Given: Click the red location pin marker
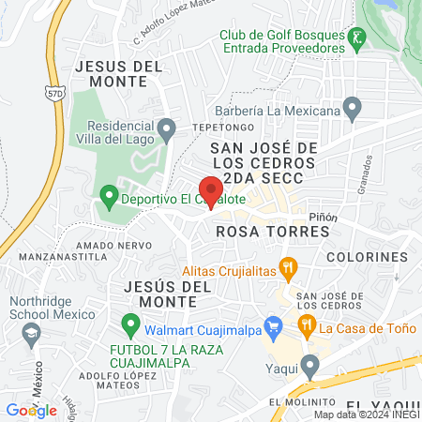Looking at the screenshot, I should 211,187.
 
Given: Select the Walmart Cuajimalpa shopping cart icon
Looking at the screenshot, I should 274,327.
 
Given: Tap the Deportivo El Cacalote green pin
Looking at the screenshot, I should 109,197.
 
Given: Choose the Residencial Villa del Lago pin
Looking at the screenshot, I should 167,127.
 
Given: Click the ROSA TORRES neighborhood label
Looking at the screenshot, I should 257,230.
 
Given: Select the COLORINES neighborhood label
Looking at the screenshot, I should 368,256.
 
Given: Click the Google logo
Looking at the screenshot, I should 32,410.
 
